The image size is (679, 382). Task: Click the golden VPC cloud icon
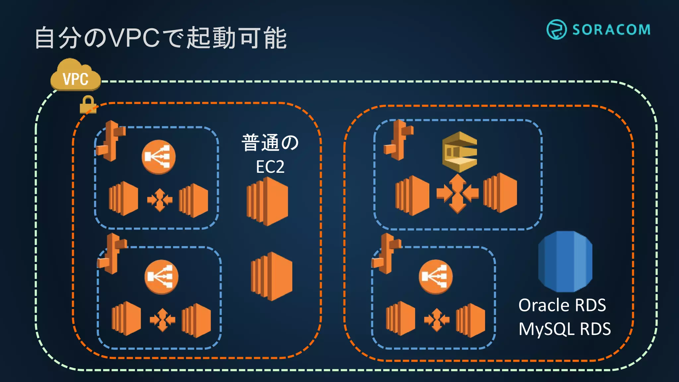coord(76,76)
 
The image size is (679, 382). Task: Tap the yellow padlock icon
coord(88,105)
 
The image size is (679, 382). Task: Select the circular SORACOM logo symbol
coord(556,30)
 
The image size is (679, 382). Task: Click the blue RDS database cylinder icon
coord(565,261)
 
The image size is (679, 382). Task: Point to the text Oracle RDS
coord(562,305)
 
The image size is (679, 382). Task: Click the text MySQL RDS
coord(564,329)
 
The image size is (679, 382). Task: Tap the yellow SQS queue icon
coord(460,152)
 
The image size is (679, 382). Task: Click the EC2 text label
coord(270,167)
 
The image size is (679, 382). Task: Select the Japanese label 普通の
coord(270,143)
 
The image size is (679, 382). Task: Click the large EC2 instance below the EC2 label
coord(267,201)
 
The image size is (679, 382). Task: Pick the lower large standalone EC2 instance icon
coord(272,276)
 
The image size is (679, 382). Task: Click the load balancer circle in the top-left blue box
coord(158,157)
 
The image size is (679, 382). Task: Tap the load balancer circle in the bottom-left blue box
coord(161,277)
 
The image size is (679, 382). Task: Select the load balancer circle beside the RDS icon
coord(435,277)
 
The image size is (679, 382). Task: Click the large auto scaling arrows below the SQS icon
coord(458,193)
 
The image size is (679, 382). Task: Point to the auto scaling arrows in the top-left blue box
coord(160,200)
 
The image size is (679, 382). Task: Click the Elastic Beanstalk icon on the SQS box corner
coord(398,140)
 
